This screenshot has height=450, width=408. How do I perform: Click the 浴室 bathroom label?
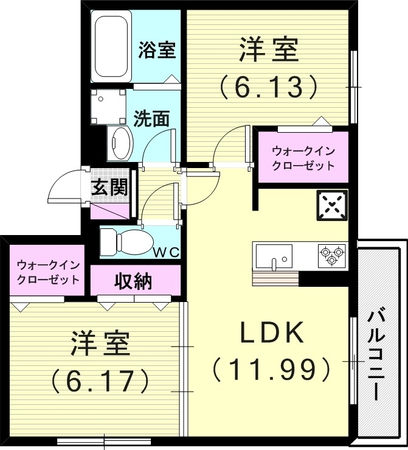pos(156,50)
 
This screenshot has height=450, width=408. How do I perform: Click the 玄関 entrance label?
pos(109,188)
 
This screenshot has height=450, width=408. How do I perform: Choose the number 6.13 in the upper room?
pos(268,88)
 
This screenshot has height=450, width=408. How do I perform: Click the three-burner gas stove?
pos(331,255)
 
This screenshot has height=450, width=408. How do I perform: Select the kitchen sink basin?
pos(274,255)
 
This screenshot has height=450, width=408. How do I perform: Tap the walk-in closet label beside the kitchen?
pos(303,158)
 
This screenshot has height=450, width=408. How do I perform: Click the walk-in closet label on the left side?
pos(48,272)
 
